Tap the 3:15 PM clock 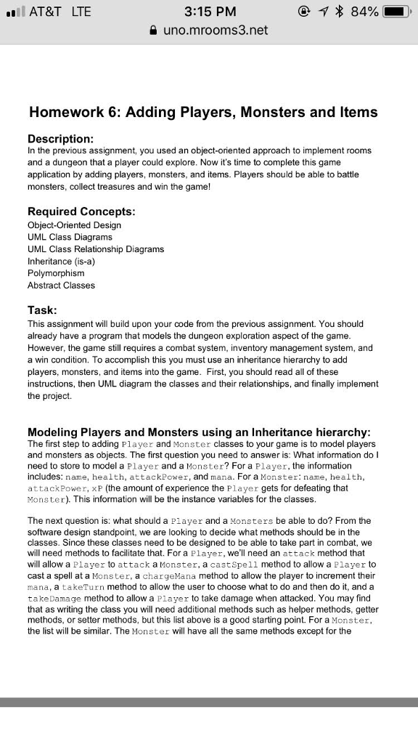point(210,12)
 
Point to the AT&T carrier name point(45,12)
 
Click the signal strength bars point(15,12)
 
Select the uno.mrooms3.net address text point(216,31)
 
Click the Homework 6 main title point(203,112)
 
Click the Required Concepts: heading point(81,211)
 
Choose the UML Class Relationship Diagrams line point(96,248)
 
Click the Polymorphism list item point(56,273)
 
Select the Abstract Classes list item point(61,286)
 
